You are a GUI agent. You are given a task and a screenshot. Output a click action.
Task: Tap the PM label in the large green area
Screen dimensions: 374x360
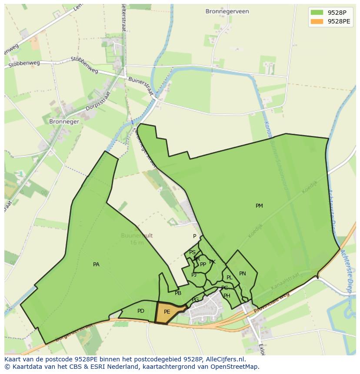(x=259, y=206)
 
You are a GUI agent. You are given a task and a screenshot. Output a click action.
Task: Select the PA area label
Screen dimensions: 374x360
(x=96, y=264)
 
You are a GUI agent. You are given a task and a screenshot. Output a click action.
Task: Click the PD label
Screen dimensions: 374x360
(x=140, y=311)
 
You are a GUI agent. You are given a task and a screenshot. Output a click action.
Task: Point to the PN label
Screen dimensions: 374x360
(x=243, y=274)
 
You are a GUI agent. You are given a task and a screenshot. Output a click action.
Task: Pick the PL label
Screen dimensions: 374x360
(x=229, y=278)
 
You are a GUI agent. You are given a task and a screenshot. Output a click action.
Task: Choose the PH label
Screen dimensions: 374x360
(x=227, y=296)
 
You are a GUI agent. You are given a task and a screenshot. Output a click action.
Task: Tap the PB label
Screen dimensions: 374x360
(x=178, y=293)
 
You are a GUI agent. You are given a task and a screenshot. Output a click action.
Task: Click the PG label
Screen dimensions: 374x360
(x=195, y=300)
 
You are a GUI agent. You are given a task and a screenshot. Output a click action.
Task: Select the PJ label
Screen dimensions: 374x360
(x=194, y=275)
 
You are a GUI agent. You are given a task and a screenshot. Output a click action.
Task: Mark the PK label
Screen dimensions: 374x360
(x=212, y=262)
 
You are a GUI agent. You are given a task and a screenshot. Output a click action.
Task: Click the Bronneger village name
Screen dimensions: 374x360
(x=64, y=122)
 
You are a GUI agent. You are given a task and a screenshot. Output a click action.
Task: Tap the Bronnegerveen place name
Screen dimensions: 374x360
(x=227, y=12)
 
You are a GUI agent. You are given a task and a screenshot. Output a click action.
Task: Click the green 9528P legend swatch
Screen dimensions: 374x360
(x=317, y=12)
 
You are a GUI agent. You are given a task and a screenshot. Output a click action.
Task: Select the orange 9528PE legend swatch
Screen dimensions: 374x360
(x=317, y=21)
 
